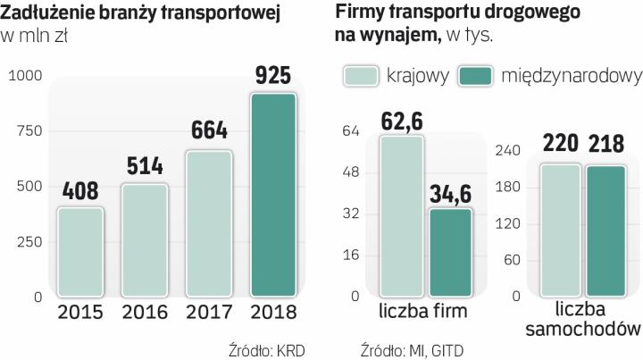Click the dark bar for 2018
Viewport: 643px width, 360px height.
272,195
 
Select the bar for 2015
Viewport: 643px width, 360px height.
80,252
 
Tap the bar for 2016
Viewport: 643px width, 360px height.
145,240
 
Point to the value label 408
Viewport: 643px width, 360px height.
80,191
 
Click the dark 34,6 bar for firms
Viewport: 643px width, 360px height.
450,252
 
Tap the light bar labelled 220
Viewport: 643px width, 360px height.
560,230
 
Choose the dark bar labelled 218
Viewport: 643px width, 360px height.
606,230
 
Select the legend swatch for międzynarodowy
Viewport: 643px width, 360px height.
476,76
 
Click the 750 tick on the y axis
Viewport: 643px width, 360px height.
29,131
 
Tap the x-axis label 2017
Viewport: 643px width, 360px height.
208,314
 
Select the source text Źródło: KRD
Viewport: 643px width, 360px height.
266,349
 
